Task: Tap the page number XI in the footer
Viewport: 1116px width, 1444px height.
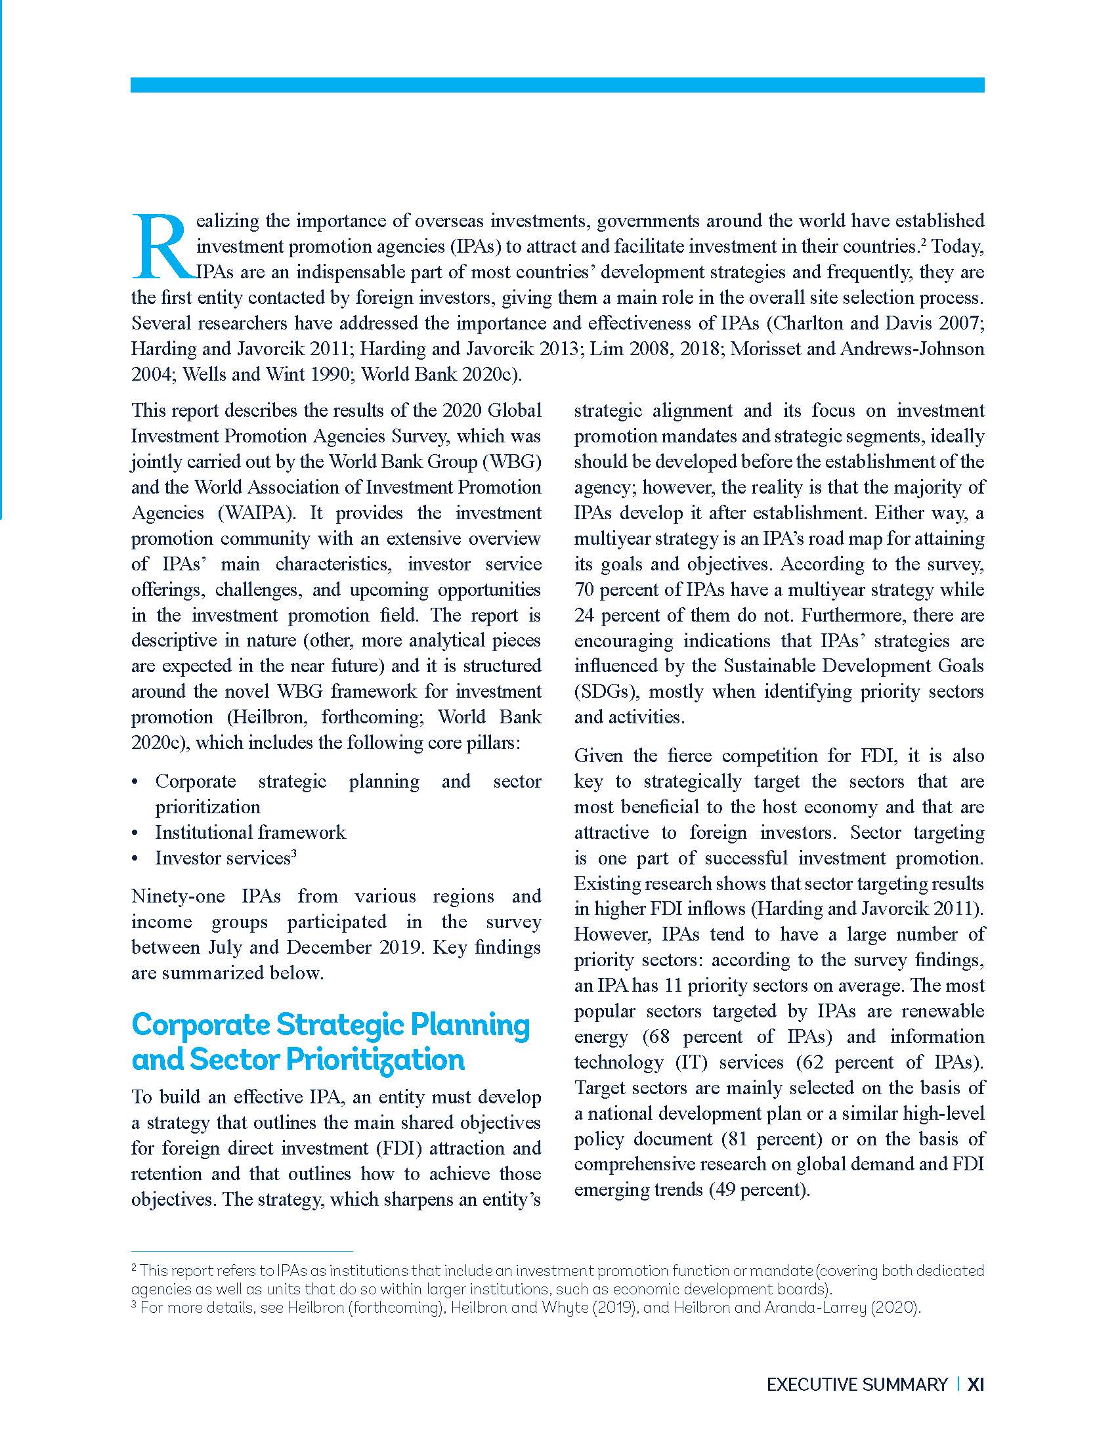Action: coord(975,1384)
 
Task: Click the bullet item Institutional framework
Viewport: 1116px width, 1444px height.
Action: coord(250,832)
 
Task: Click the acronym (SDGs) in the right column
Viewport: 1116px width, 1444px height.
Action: coord(606,692)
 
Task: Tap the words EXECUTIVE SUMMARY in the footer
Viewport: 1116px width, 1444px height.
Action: coord(857,1384)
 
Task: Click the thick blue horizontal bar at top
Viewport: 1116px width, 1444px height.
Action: coord(557,85)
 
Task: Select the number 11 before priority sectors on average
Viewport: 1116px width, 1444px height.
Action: coord(672,986)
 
